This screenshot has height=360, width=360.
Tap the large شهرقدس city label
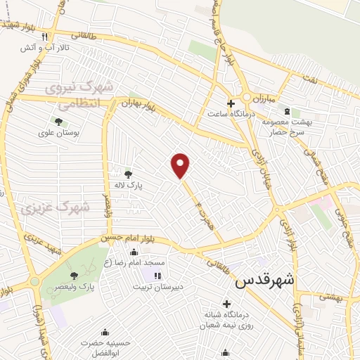point(265,281)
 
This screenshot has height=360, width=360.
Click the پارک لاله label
point(129,186)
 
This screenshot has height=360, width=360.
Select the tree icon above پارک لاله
point(127,174)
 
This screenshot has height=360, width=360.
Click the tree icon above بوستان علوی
point(58,122)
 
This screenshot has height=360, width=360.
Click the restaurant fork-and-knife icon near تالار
point(44,37)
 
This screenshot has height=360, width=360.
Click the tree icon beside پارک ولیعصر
point(75,276)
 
